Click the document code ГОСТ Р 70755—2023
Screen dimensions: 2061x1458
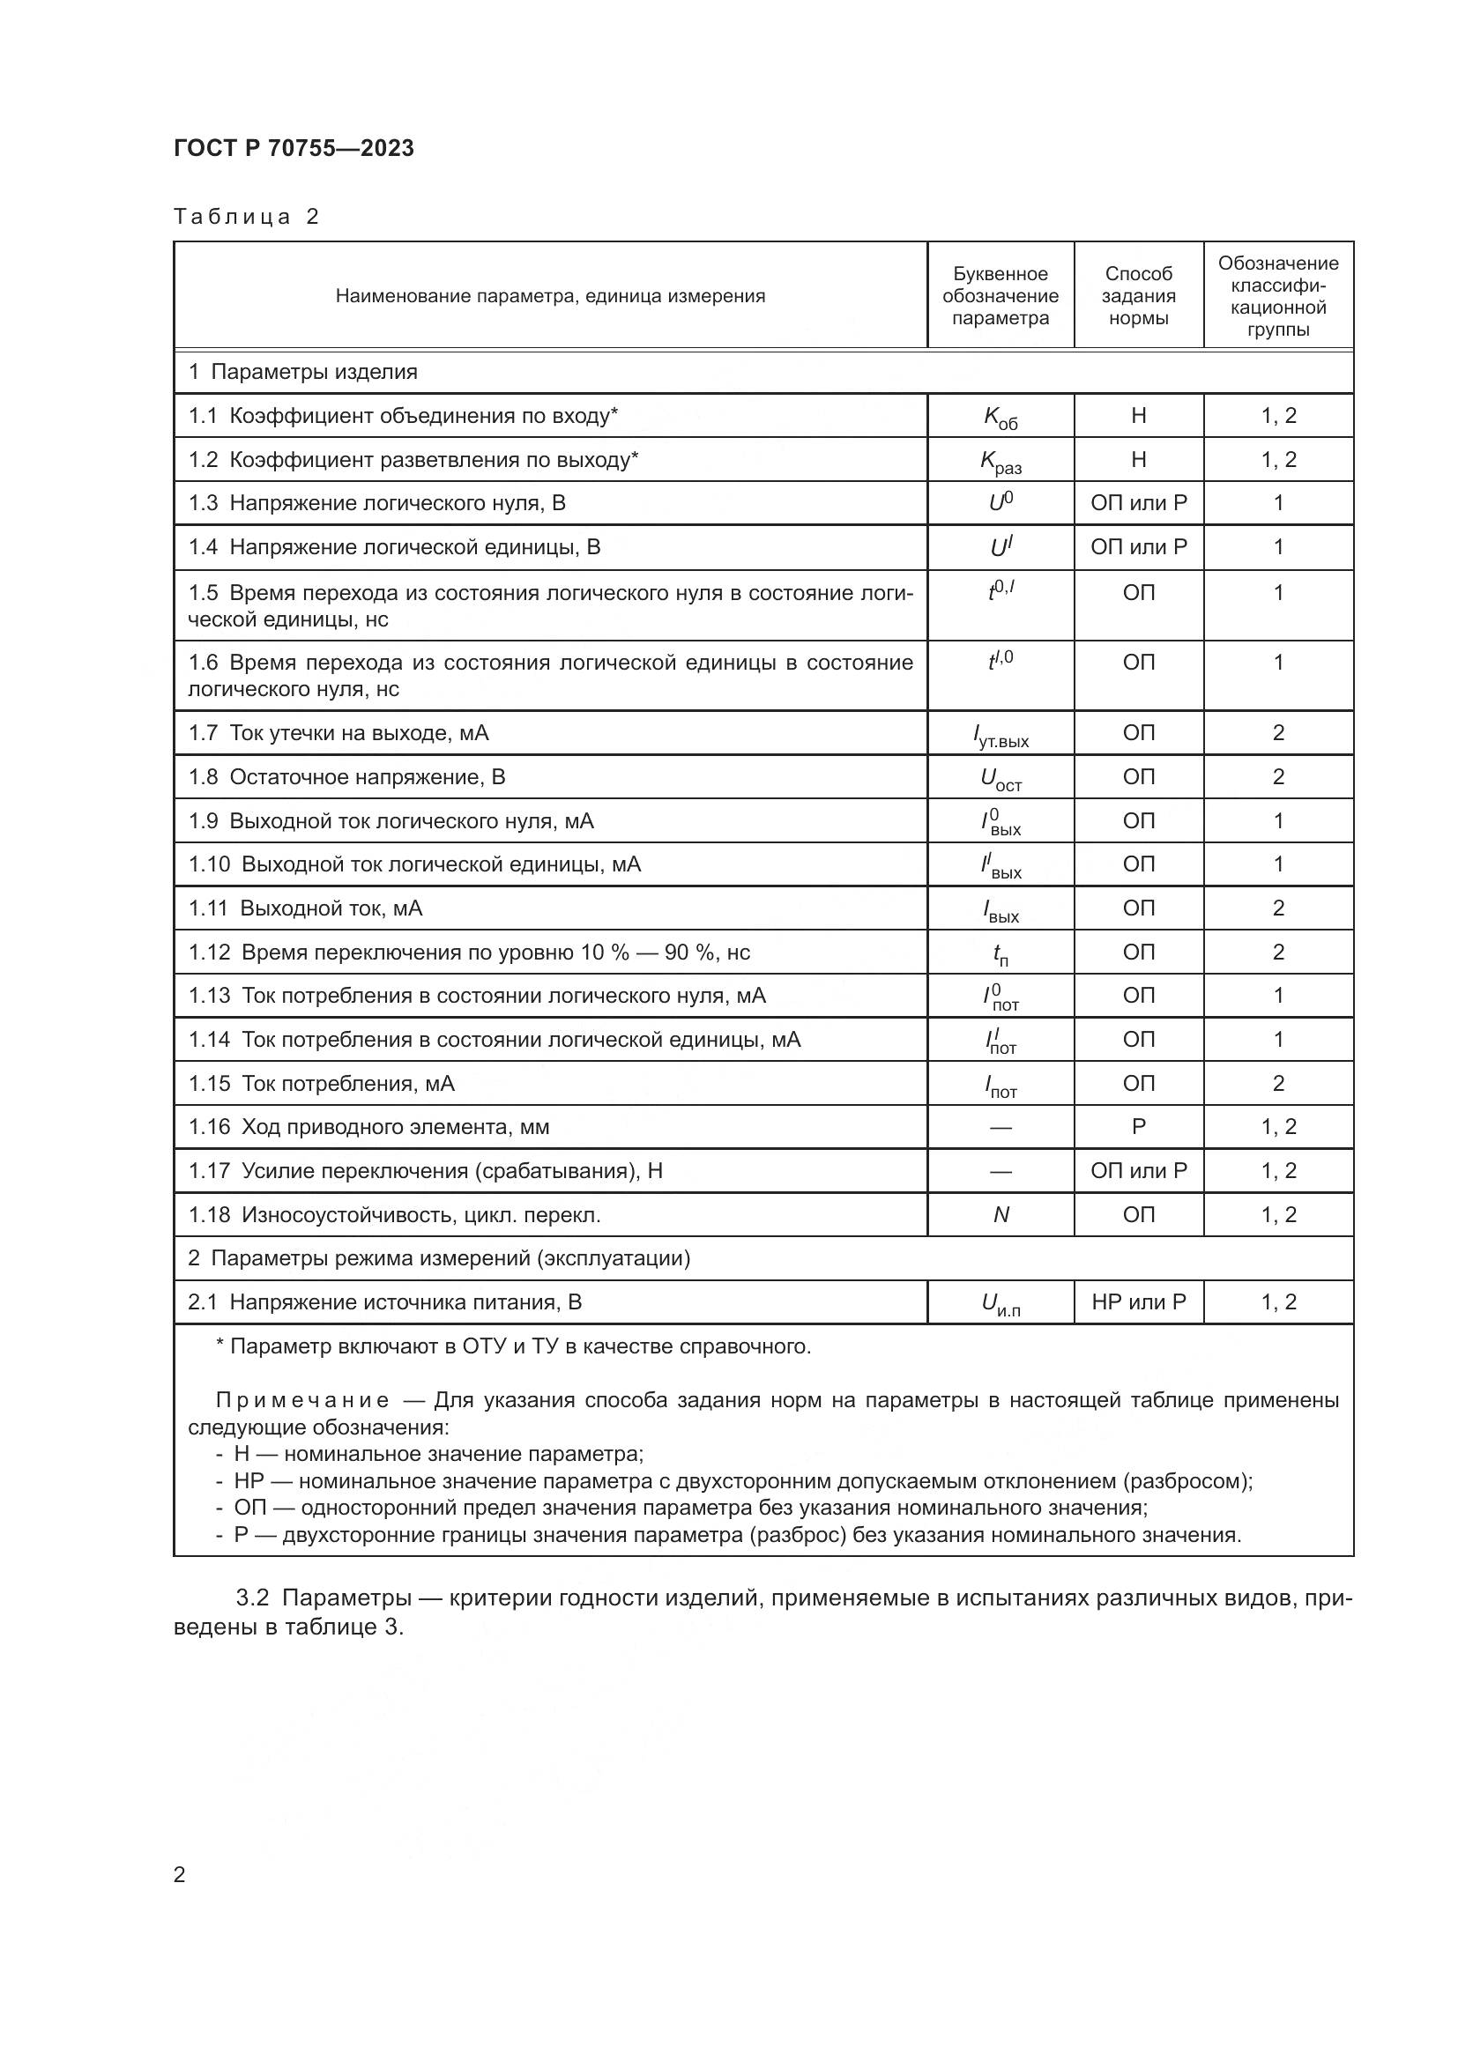pos(294,148)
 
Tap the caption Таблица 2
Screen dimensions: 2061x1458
pos(246,217)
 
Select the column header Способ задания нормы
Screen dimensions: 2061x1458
pos(1137,295)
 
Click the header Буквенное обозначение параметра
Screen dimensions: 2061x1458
pos(1001,295)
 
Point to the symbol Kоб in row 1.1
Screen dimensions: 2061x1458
pos(1001,417)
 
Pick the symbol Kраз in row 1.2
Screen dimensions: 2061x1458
pos(1001,462)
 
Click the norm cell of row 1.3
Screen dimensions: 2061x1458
pos(1137,502)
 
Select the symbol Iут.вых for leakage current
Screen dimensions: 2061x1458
pos(1001,735)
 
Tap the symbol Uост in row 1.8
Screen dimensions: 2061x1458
pos(1001,778)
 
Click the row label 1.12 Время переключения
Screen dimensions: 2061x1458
pos(468,952)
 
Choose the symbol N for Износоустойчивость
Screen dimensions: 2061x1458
pos(1001,1214)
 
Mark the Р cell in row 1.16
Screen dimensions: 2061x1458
pos(1137,1127)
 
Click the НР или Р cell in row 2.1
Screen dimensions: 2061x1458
pos(1137,1301)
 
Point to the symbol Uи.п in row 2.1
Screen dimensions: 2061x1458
pos(1001,1303)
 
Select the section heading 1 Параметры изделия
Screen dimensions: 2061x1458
pos(302,372)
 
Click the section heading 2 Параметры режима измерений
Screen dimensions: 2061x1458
pos(439,1257)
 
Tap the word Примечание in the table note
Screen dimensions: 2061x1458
pos(302,1400)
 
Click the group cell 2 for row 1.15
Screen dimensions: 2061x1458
pos(1277,1083)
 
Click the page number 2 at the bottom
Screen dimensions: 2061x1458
pos(180,1874)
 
